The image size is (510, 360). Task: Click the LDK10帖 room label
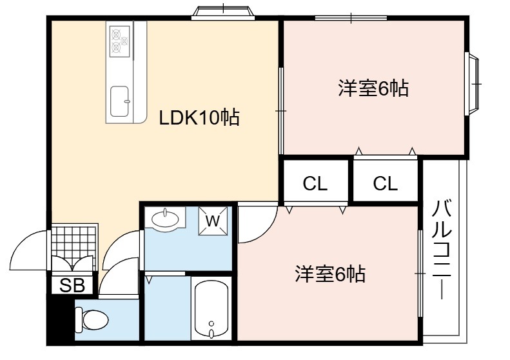coord(199,118)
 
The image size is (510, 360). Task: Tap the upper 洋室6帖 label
coord(373,88)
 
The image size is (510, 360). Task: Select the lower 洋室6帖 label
coord(331,274)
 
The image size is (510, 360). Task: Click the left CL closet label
coord(315,184)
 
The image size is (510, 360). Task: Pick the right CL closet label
coord(385,184)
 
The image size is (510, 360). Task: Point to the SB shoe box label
coord(72,285)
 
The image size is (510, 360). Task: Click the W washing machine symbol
coord(213,221)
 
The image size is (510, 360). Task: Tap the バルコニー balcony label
coord(442,250)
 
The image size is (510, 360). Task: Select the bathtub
coord(211,309)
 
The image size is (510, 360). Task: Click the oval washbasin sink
coord(165,219)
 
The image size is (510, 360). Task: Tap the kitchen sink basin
coord(119,101)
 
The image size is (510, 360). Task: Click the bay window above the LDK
coord(223,12)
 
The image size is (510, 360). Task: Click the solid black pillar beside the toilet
coord(61,319)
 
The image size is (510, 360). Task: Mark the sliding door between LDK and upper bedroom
coord(281,111)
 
